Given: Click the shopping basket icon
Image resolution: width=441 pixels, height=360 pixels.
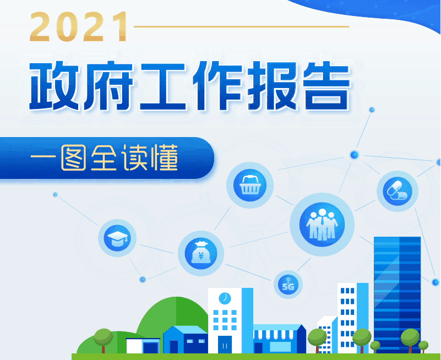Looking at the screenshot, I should point(250,185).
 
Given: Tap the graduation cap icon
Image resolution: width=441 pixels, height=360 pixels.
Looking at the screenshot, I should point(117,238).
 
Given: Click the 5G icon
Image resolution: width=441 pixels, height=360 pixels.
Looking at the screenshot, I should point(288,285).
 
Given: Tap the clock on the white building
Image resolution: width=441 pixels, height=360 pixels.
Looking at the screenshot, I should point(224,298).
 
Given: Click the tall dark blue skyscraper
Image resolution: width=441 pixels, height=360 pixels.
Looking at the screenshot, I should point(397,292).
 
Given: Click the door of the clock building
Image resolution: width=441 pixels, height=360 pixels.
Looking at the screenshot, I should point(225,344).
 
